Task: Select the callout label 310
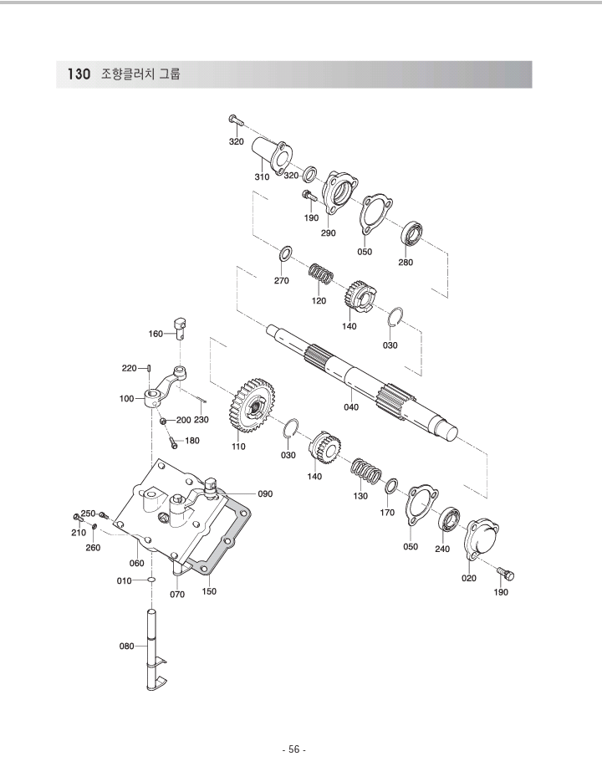coord(262,177)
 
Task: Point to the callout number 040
coord(352,406)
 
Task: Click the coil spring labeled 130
coord(365,473)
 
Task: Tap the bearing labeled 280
coord(413,234)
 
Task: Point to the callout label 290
coord(328,233)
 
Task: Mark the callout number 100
coord(127,399)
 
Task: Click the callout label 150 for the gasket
coord(209,591)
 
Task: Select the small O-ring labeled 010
coord(151,579)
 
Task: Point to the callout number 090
coord(265,493)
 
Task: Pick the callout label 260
coord(94,549)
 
